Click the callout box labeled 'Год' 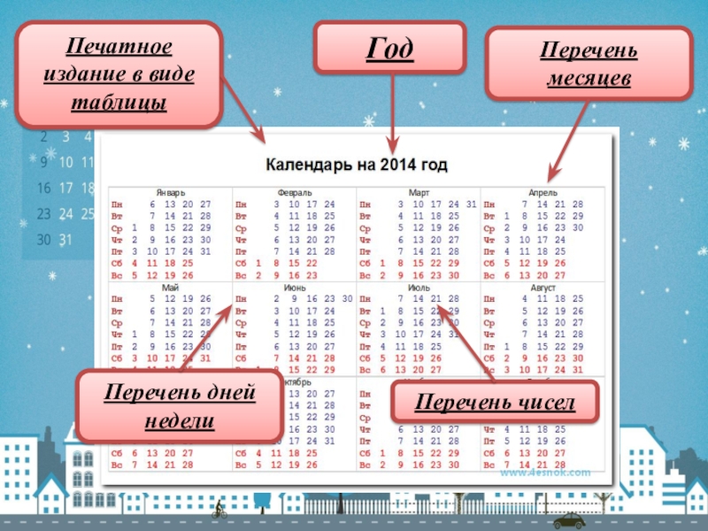click(389, 49)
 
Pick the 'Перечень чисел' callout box click(495, 403)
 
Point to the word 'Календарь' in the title click(305, 165)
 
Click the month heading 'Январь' click(170, 192)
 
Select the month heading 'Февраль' click(294, 192)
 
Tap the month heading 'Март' click(419, 192)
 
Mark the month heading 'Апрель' click(543, 192)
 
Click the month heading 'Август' click(543, 288)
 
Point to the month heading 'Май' click(170, 288)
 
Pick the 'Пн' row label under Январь click(117, 204)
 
